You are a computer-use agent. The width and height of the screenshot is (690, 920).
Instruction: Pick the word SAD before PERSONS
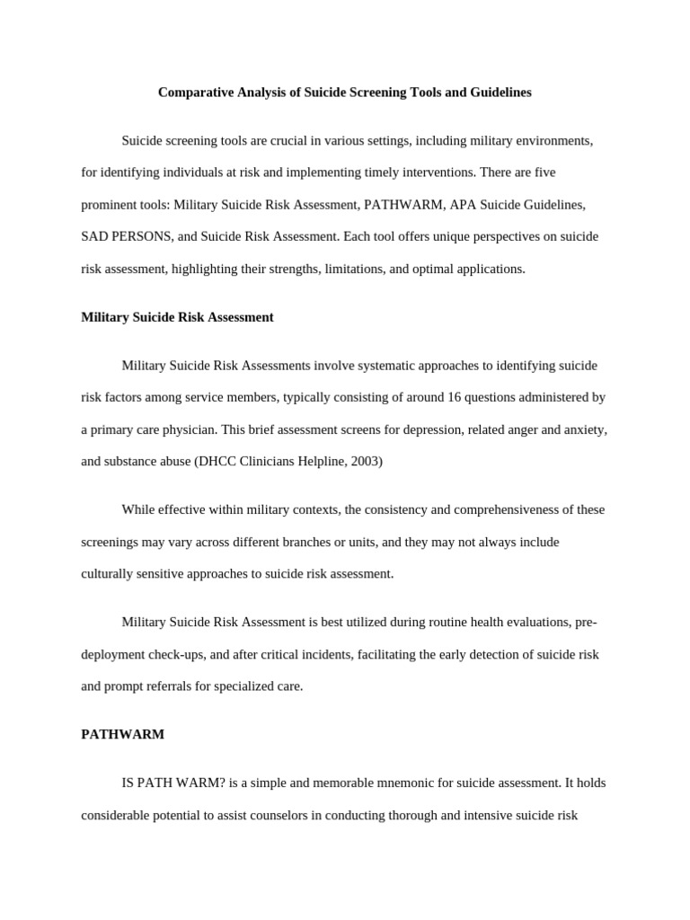click(x=93, y=237)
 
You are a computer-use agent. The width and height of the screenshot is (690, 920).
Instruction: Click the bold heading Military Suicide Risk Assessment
click(x=177, y=317)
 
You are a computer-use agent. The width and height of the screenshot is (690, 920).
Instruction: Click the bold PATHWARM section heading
click(x=122, y=734)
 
